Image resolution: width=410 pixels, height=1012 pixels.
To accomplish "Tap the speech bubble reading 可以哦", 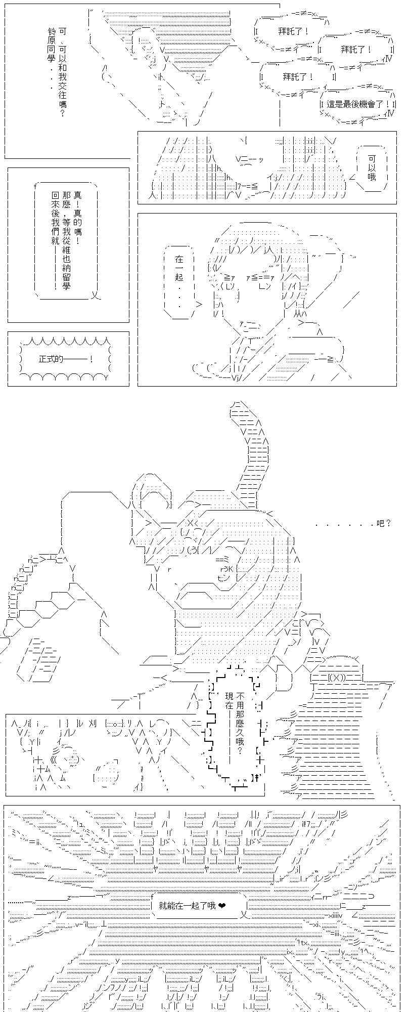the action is (372, 167).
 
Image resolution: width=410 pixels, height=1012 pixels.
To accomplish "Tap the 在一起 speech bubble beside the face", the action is (180, 282).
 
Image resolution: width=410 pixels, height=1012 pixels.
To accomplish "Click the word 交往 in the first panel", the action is (62, 85).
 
